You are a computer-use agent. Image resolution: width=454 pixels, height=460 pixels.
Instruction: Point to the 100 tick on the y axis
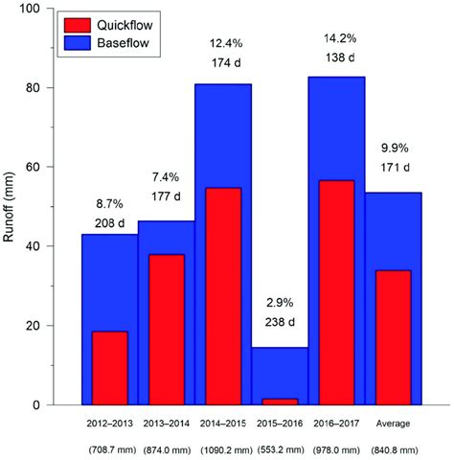pyautogui.click(x=38, y=9)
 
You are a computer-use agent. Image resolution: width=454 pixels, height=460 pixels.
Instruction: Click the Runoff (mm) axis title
pyautogui.click(x=11, y=206)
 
